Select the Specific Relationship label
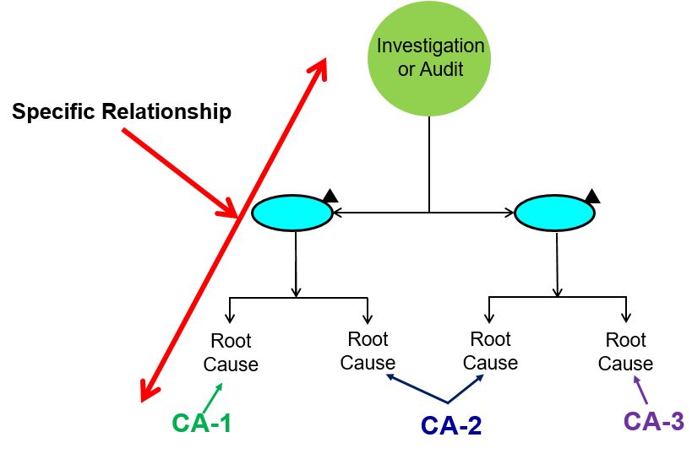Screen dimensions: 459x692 [122, 112]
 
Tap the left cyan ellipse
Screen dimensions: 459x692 [292, 213]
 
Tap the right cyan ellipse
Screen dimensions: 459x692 [555, 213]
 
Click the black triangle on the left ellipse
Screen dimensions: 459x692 [330, 196]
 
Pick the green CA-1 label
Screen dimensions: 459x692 [201, 424]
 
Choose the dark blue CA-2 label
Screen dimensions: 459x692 [451, 425]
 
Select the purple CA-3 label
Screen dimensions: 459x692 [653, 421]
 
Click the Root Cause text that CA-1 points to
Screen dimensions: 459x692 [232, 354]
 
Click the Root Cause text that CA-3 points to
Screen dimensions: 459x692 [626, 352]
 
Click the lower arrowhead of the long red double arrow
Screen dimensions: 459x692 [146, 391]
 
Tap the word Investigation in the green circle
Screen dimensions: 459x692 [430, 46]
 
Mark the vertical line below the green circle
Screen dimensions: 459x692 [429, 164]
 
